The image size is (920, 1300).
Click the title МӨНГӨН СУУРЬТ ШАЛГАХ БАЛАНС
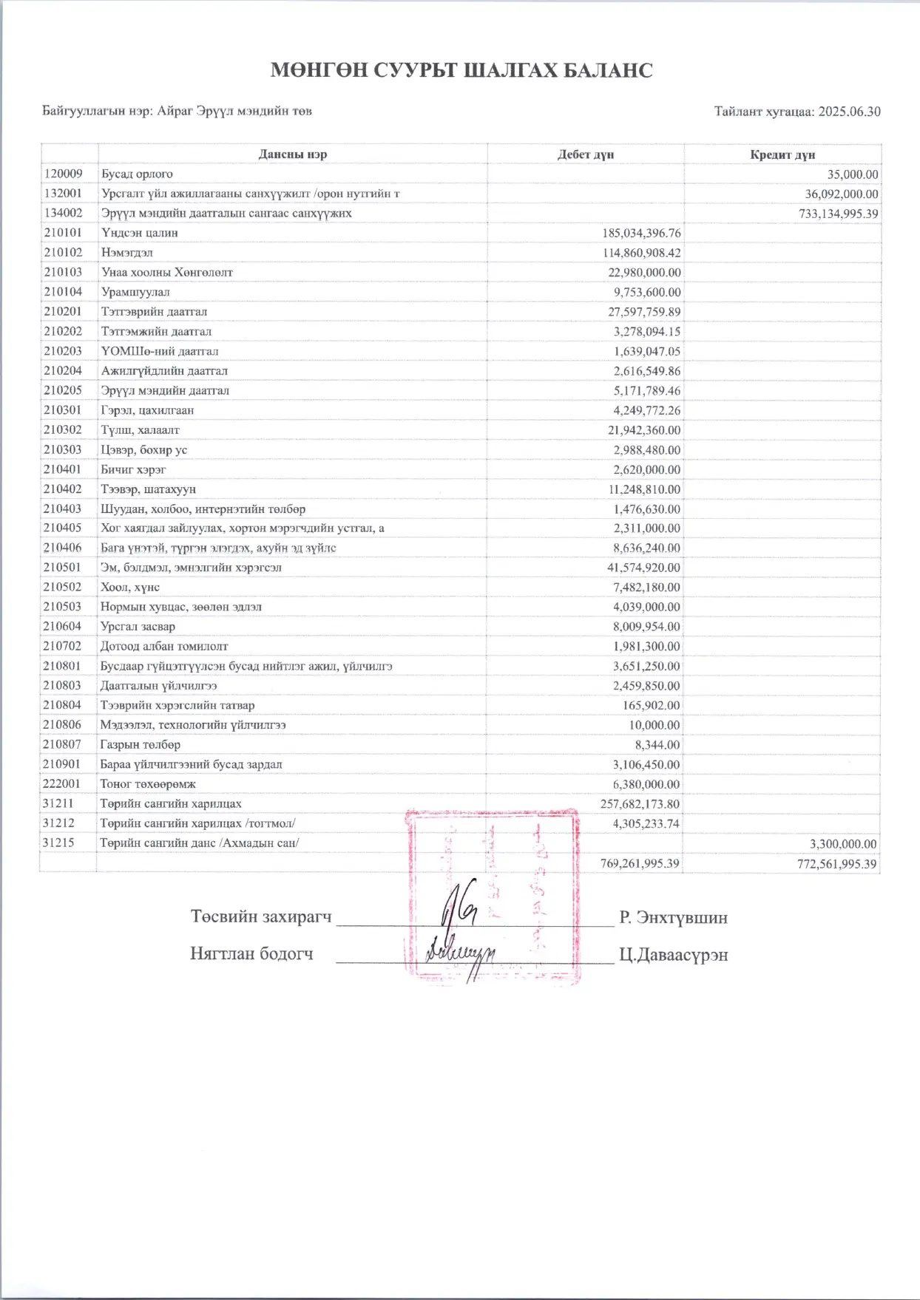[461, 70]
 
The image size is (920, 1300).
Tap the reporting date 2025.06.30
[849, 112]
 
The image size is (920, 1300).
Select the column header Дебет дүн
[585, 154]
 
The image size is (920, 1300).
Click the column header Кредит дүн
[782, 154]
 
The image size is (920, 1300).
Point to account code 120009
[63, 174]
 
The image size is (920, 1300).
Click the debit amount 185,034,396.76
[641, 234]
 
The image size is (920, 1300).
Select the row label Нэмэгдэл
[126, 253]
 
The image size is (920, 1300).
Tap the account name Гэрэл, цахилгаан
[147, 410]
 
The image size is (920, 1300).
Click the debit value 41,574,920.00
[643, 568]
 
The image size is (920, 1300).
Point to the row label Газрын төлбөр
[141, 745]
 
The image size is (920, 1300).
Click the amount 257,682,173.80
[640, 804]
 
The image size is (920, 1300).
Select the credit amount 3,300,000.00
[843, 844]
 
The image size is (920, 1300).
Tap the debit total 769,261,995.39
[640, 863]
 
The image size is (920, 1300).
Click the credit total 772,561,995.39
[836, 864]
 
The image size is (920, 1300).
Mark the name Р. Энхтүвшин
[673, 918]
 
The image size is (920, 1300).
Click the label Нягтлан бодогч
[251, 954]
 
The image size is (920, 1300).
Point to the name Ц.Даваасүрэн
[673, 955]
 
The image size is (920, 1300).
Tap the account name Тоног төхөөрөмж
[148, 784]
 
